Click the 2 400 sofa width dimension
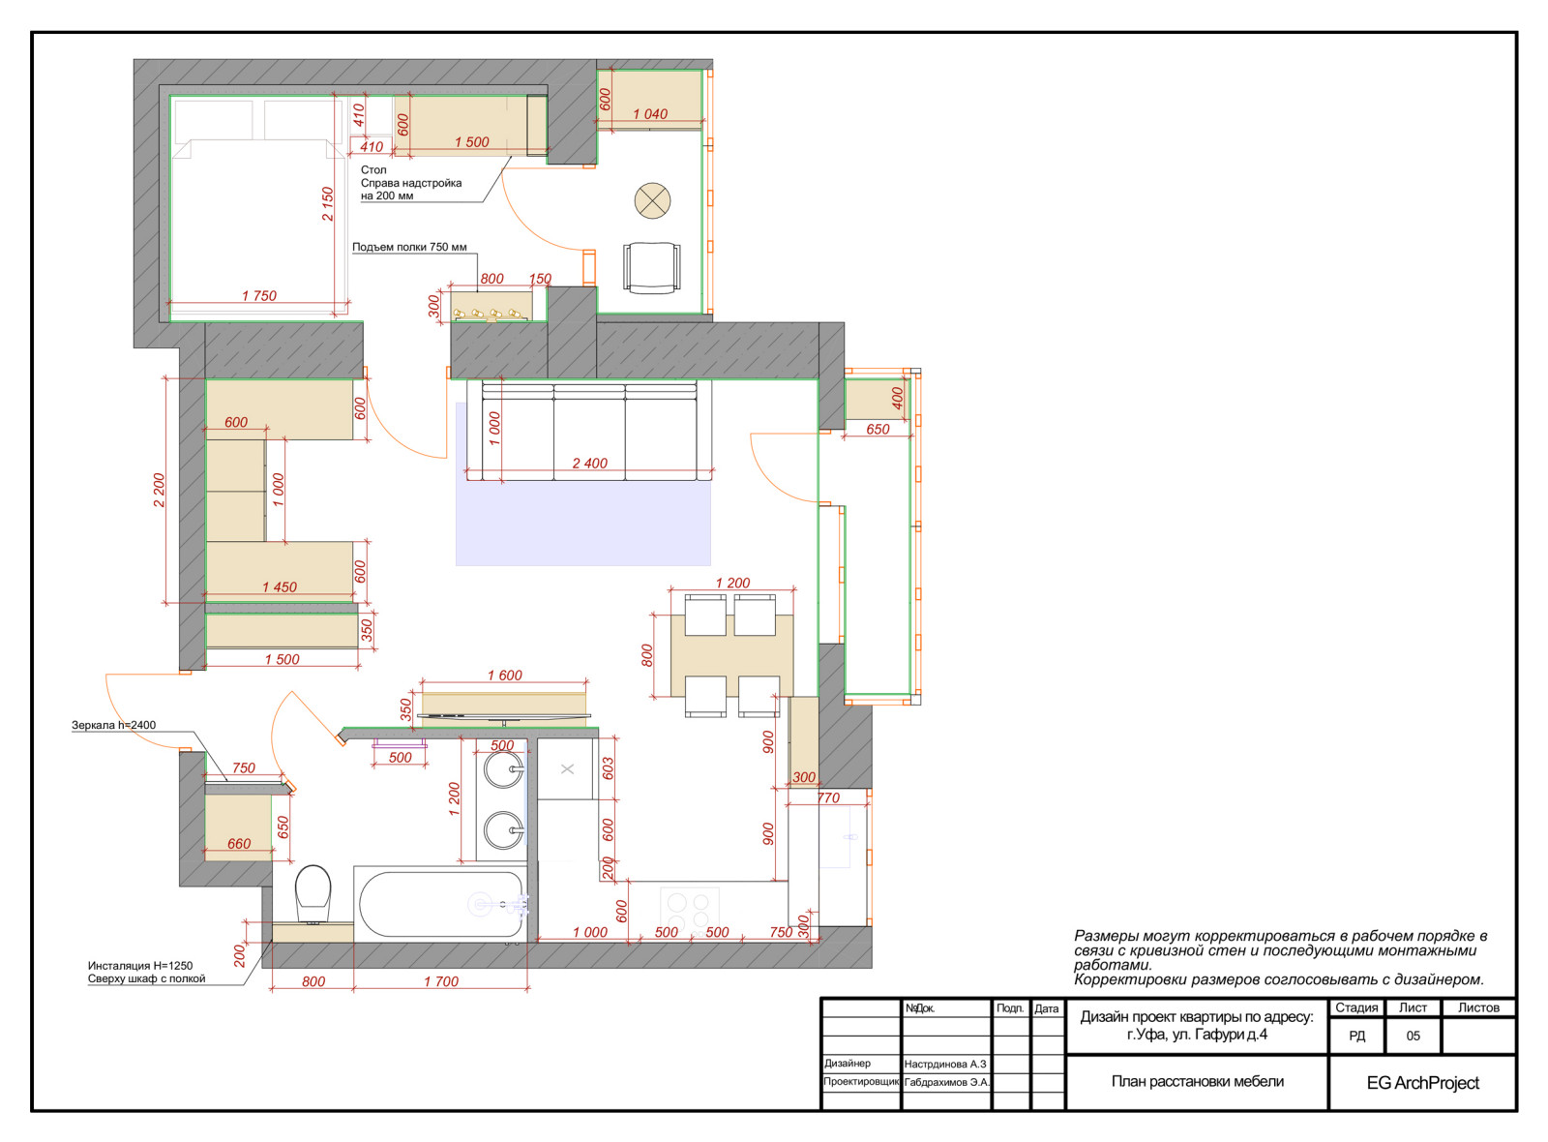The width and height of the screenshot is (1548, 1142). pyautogui.click(x=589, y=464)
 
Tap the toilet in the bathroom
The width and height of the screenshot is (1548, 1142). pyautogui.click(x=313, y=894)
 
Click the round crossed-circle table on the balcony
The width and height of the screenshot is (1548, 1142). pyautogui.click(x=652, y=200)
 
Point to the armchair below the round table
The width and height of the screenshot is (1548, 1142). pyautogui.click(x=651, y=268)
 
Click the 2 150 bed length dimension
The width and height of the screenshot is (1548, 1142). pyautogui.click(x=328, y=204)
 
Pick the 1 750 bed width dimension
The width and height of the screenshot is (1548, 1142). pyautogui.click(x=259, y=296)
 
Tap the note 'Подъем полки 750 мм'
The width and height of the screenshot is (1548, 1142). pyautogui.click(x=409, y=247)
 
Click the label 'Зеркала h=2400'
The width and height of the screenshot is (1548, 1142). pyautogui.click(x=114, y=725)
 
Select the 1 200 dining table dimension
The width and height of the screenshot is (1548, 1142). pyautogui.click(x=732, y=583)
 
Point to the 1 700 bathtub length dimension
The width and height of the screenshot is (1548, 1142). pyautogui.click(x=441, y=981)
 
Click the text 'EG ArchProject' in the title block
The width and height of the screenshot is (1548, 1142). pyautogui.click(x=1423, y=1083)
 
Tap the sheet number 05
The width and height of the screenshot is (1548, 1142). pyautogui.click(x=1414, y=1036)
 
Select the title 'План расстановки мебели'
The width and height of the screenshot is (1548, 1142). pyautogui.click(x=1198, y=1081)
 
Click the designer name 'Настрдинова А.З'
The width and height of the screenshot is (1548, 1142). pyautogui.click(x=945, y=1064)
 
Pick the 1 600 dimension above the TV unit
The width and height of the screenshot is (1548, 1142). pyautogui.click(x=504, y=676)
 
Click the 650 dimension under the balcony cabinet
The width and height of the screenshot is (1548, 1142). pyautogui.click(x=878, y=430)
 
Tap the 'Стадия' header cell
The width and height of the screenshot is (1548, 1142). pyautogui.click(x=1356, y=1007)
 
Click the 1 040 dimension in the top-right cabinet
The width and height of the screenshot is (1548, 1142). pyautogui.click(x=650, y=114)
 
